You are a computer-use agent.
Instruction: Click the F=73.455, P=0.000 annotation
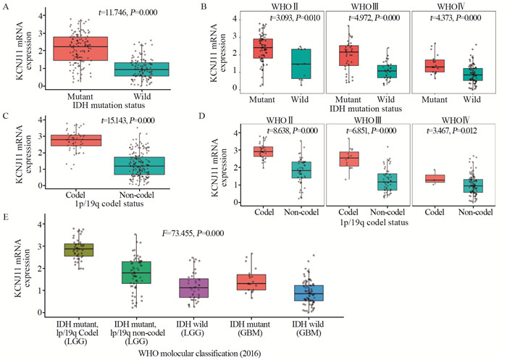(203, 235)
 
